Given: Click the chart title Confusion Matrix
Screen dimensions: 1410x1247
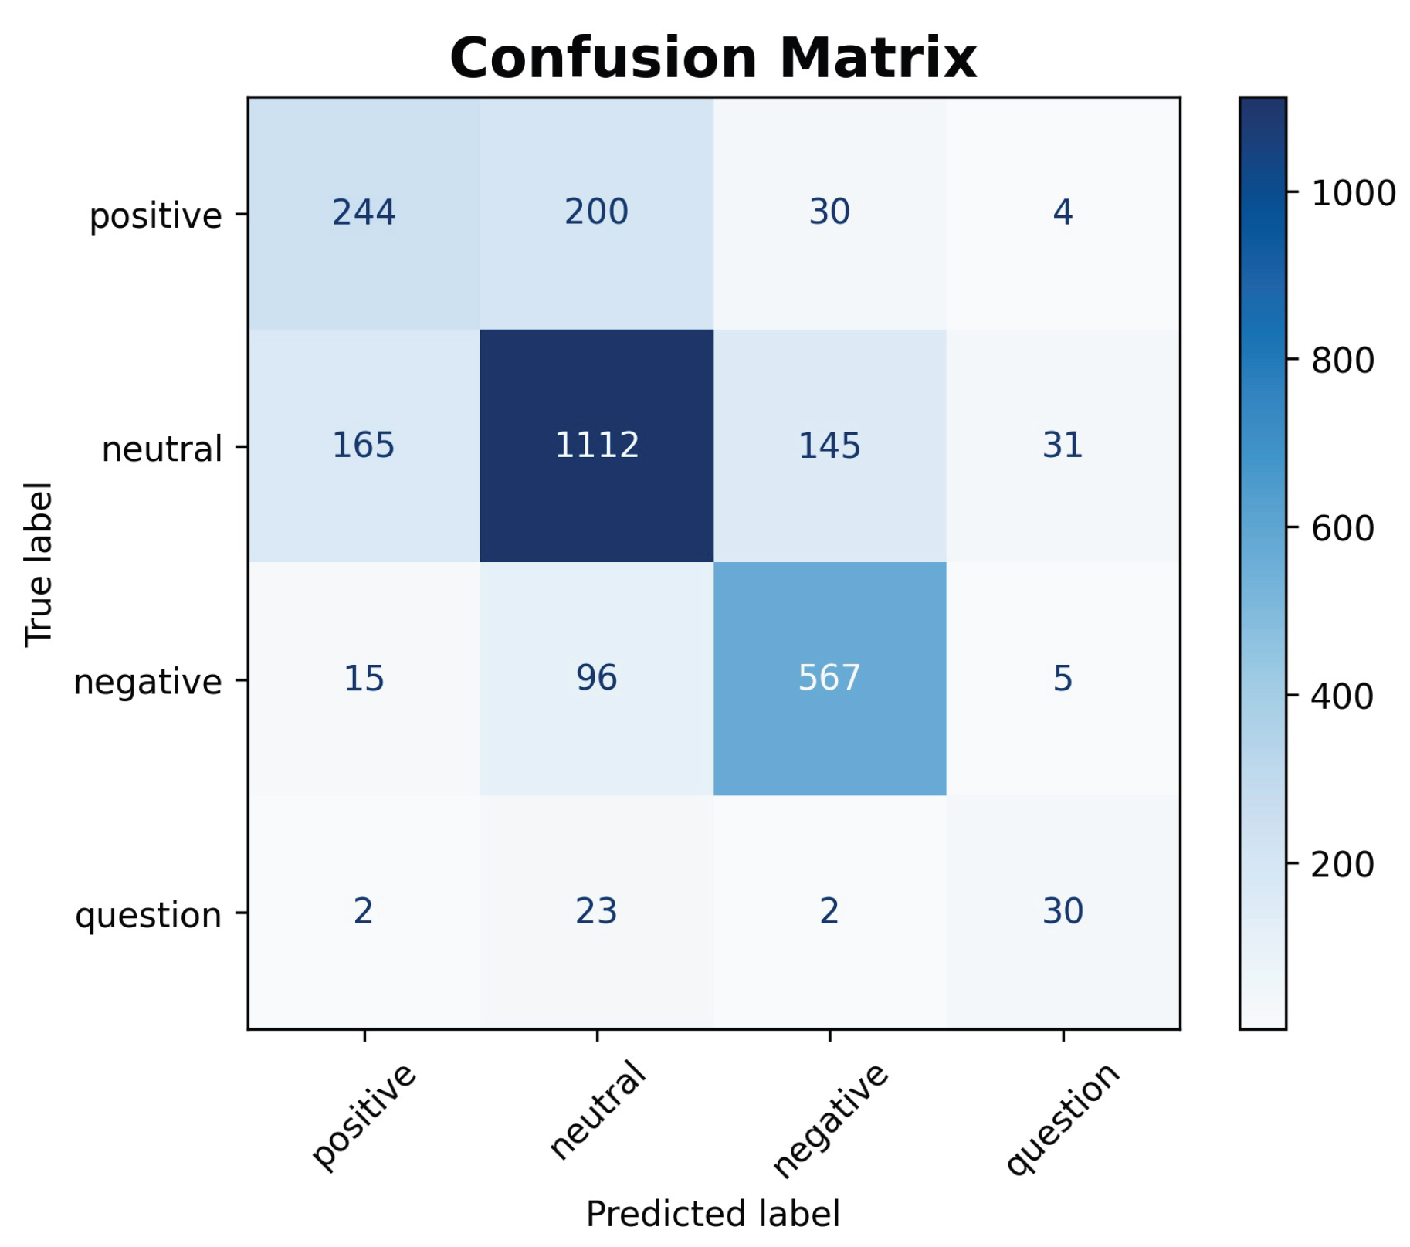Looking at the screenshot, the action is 713,58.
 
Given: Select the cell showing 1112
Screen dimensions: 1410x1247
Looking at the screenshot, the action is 597,446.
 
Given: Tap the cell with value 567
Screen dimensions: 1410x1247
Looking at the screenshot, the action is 829,678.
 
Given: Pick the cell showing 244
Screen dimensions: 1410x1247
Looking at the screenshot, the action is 364,212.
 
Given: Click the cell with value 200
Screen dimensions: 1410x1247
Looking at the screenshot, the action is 597,212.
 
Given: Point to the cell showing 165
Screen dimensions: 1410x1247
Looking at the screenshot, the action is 364,446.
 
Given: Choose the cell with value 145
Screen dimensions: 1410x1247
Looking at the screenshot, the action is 829,446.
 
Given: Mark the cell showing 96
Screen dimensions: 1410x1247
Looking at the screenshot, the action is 597,678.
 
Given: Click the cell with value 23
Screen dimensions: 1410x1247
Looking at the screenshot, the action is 597,911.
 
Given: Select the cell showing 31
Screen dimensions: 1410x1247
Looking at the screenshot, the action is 1063,446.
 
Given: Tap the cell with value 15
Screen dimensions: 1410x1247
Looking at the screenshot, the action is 364,678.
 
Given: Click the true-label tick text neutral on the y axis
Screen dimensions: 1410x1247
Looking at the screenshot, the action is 162,449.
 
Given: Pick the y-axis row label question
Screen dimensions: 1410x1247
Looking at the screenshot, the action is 148,916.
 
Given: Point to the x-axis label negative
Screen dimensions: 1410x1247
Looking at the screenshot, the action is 831,1120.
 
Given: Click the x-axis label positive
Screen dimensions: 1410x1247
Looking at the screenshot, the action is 364,1117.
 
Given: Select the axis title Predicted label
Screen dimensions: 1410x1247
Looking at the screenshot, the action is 713,1214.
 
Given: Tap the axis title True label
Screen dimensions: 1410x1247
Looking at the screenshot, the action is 39,564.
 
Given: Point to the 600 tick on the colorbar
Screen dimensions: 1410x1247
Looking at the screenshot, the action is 1343,529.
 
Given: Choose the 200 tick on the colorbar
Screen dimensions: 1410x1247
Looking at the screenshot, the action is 1343,865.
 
